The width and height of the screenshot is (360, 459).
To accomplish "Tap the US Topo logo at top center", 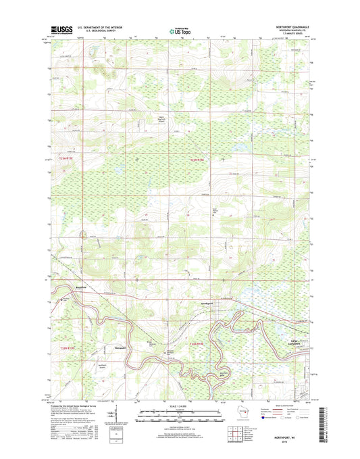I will click(179, 30).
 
